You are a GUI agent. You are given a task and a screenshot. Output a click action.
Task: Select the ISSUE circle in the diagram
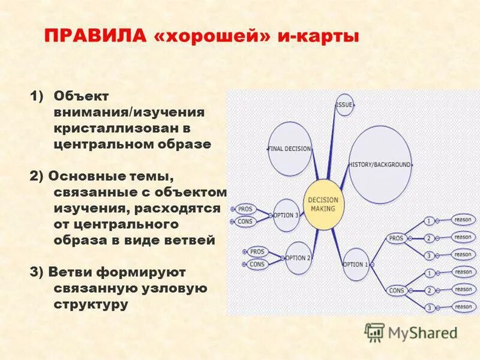click(x=344, y=105)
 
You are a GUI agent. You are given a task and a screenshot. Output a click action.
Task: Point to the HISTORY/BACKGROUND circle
click(x=380, y=164)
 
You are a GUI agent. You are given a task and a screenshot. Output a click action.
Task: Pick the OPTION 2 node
click(x=298, y=258)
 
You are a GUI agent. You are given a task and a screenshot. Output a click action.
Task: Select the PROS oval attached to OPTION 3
click(x=245, y=209)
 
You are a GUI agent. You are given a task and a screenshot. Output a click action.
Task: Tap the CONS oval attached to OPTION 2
click(x=257, y=264)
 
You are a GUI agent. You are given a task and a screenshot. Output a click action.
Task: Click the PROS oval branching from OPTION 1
click(x=397, y=238)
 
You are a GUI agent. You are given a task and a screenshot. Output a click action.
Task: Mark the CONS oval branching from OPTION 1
click(x=397, y=290)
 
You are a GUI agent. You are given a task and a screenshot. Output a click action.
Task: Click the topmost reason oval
click(x=463, y=220)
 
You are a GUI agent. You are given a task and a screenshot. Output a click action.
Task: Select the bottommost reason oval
click(x=463, y=307)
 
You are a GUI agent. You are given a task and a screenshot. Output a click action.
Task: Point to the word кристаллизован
click(x=113, y=128)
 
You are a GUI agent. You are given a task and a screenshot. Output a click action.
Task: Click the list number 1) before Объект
click(x=37, y=96)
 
